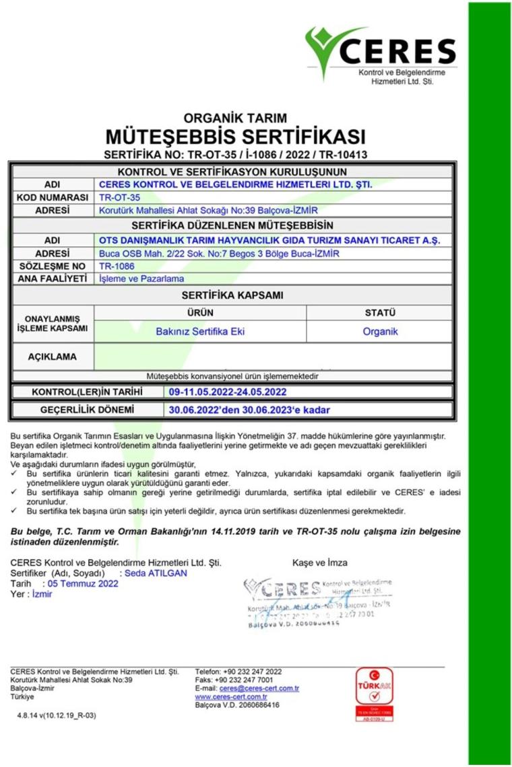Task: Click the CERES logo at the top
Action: pos(380,54)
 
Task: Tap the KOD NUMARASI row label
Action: pos(53,198)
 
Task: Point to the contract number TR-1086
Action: pos(112,266)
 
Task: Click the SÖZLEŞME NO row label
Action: pos(53,266)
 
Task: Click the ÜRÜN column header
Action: pos(200,313)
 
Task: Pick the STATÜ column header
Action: pos(379,313)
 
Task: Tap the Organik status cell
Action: pos(379,331)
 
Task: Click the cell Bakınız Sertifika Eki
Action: pos(200,331)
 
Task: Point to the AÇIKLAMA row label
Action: pos(52,357)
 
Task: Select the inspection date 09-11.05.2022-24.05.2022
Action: pos(228,392)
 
